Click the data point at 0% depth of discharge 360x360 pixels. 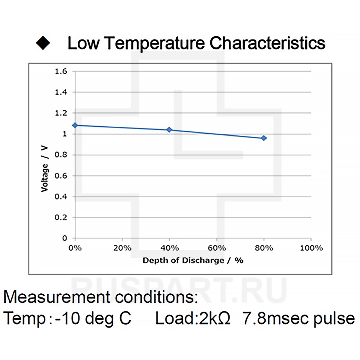[x=75, y=125]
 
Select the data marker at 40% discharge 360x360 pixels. [x=170, y=130]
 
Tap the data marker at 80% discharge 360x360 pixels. [x=264, y=138]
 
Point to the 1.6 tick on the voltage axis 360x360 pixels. [x=61, y=71]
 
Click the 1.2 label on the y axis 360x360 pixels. [x=61, y=113]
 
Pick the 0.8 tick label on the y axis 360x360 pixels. [x=61, y=155]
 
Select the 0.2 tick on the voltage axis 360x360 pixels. [x=61, y=217]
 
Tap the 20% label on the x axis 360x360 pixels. [x=122, y=248]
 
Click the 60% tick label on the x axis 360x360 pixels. [x=217, y=248]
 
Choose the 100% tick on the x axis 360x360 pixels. [x=311, y=248]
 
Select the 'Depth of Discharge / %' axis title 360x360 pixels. [x=193, y=260]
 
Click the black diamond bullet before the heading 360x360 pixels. [x=43, y=43]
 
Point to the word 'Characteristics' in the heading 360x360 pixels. [x=267, y=43]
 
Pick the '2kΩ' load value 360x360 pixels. [x=214, y=319]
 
